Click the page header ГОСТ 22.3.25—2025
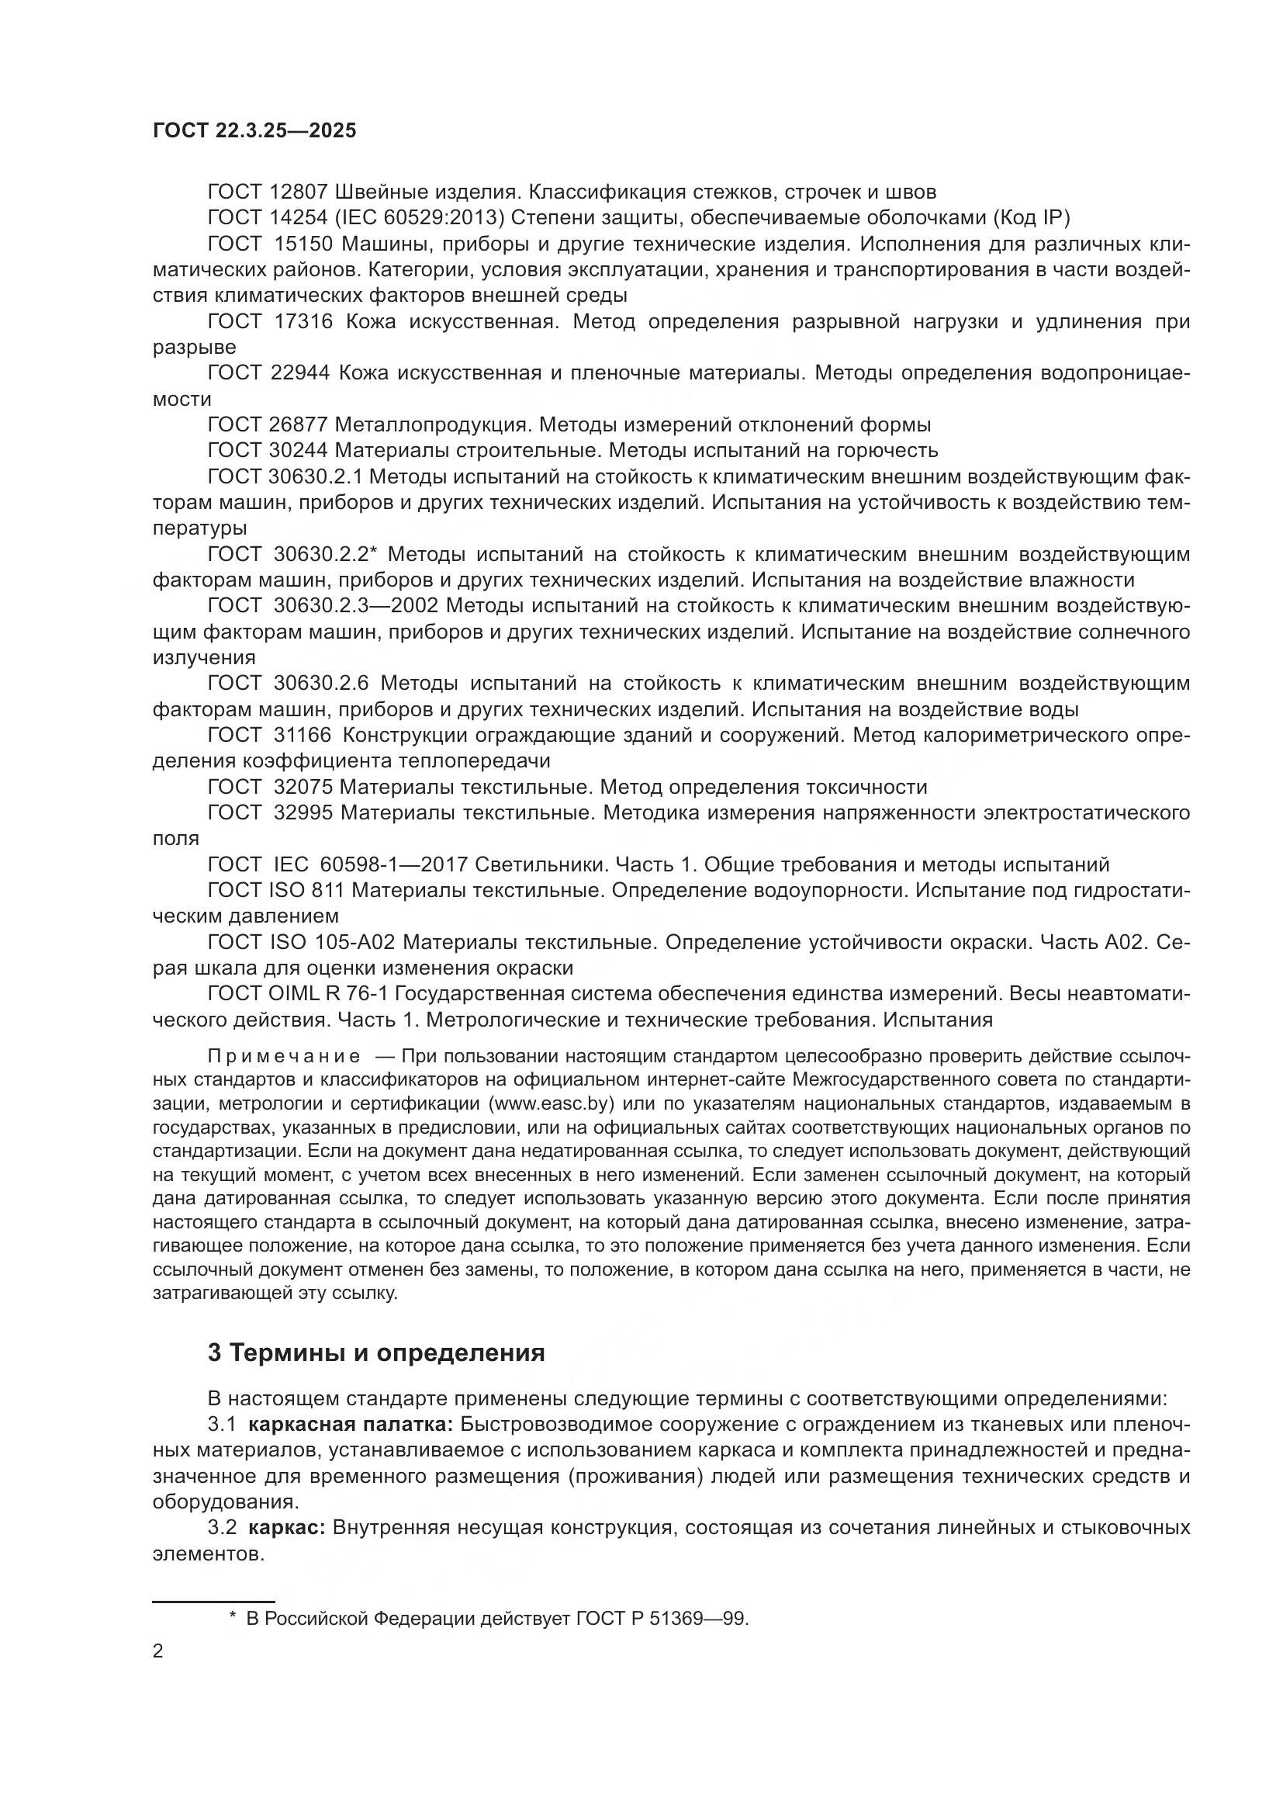coord(254,131)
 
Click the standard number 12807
coord(299,192)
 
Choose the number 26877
coord(299,425)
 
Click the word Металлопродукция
coord(433,425)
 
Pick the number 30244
coord(299,451)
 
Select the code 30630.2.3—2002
coord(360,606)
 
